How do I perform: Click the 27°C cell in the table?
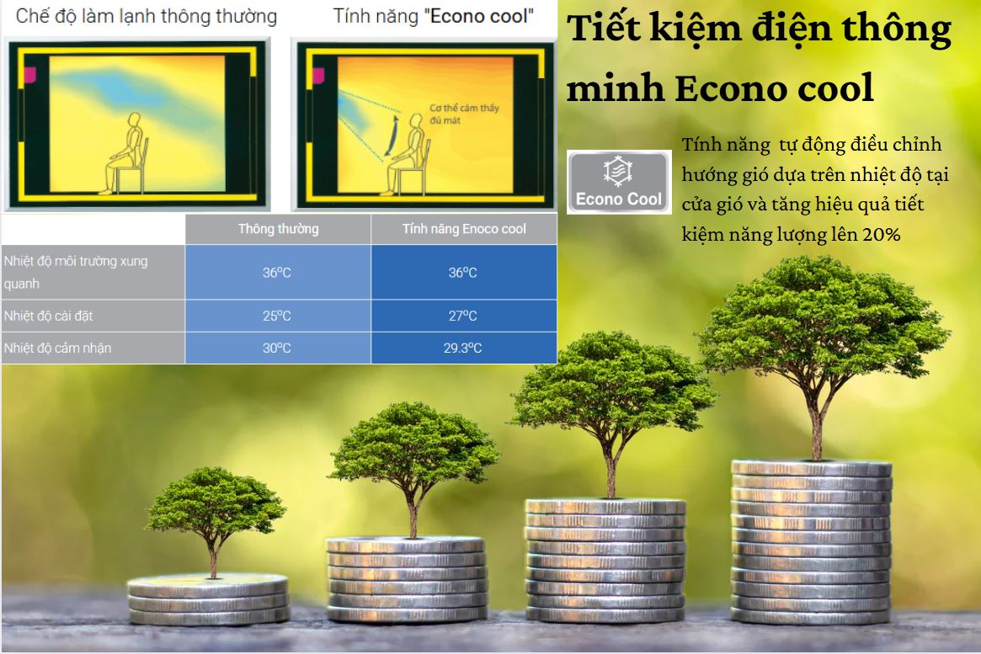tap(463, 316)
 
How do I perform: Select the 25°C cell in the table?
tap(277, 316)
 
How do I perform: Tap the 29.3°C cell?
tap(463, 348)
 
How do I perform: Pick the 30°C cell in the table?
tap(277, 348)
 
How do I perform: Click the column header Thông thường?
tap(279, 229)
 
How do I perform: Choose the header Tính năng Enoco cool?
tap(464, 229)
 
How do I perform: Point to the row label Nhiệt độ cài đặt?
tap(48, 316)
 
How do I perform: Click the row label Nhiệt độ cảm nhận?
tap(57, 348)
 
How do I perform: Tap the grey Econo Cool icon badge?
tap(619, 182)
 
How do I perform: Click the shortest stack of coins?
tap(208, 598)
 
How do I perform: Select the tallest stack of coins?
tap(812, 541)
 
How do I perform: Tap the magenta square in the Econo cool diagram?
tap(318, 76)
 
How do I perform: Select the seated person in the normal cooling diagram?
tap(127, 153)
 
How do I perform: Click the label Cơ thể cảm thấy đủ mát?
tap(464, 114)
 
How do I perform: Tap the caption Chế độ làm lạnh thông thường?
tap(147, 16)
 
